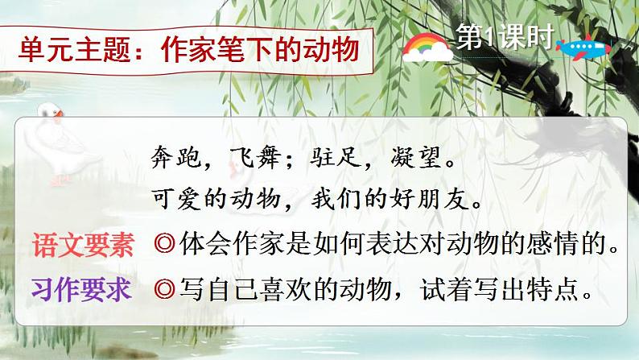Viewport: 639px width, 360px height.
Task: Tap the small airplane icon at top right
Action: point(587,48)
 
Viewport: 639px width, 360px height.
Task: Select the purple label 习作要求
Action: point(84,290)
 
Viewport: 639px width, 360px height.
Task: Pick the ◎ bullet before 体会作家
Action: point(160,246)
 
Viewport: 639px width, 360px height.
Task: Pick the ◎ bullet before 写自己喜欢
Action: point(160,291)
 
